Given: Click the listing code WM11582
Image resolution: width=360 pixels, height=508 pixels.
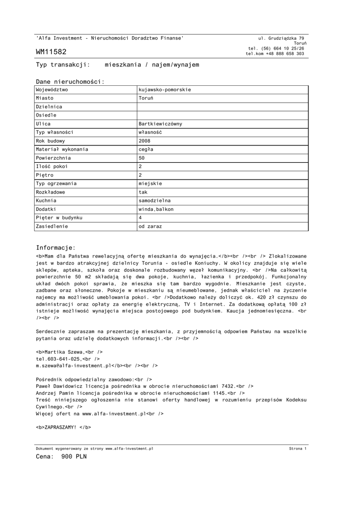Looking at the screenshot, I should click(x=51, y=52).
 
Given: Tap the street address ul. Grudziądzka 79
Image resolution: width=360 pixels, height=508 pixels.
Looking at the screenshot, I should click(x=282, y=38).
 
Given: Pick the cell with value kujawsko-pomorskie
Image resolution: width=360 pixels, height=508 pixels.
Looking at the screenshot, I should click(x=165, y=90).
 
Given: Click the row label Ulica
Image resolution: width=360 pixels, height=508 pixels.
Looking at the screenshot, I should click(x=43, y=124).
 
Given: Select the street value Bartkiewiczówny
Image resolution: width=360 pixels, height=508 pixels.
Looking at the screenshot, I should click(x=160, y=124).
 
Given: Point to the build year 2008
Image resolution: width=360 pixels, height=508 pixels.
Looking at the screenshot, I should click(x=144, y=140).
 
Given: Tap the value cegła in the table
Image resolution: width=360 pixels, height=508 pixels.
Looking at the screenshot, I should click(x=146, y=149).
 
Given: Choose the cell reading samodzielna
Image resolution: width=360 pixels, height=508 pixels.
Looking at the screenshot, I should click(x=154, y=200).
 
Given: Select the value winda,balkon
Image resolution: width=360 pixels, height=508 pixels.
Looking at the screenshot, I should click(x=156, y=209).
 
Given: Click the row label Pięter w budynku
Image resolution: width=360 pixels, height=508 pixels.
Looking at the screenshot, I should click(x=59, y=218).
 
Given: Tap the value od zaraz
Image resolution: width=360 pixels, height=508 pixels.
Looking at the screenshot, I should click(x=150, y=226).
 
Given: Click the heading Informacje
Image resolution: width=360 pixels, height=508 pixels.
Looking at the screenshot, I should click(x=56, y=248).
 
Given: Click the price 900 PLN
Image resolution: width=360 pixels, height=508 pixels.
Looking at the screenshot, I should click(x=74, y=457).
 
